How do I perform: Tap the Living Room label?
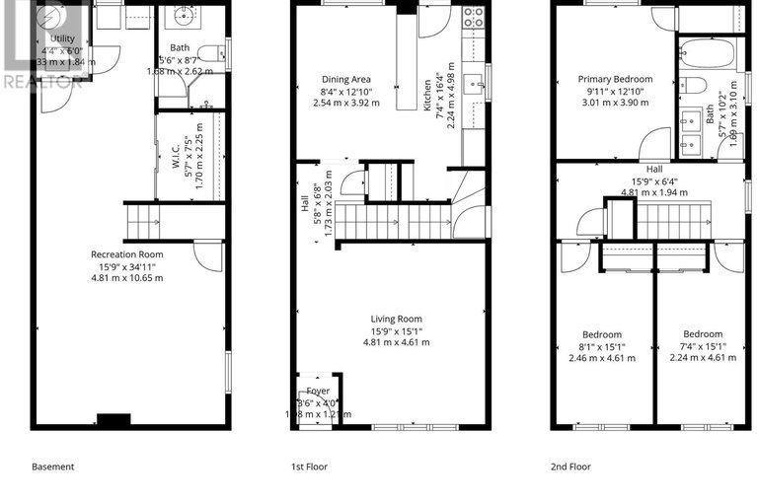click(x=396, y=319)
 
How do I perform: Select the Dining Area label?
click(x=346, y=79)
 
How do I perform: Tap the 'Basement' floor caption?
click(x=52, y=467)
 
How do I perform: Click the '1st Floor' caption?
click(x=309, y=467)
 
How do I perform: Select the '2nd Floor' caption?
click(x=572, y=467)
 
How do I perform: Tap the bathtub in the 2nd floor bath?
click(x=707, y=50)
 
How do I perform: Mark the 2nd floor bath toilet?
click(x=693, y=84)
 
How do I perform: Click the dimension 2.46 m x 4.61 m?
click(x=602, y=358)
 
